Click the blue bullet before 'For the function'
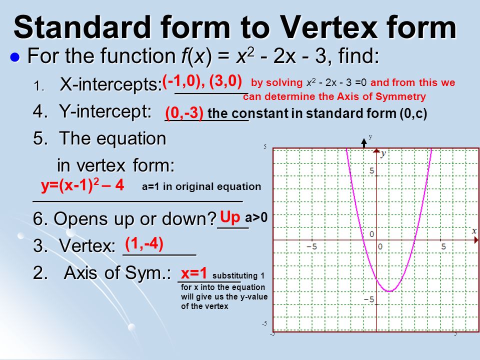point(15,57)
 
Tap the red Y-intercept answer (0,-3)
point(184,112)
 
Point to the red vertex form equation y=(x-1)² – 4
point(82,185)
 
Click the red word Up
point(230,217)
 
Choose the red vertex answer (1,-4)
point(144,244)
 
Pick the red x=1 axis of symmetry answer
point(194,272)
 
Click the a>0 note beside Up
point(256,217)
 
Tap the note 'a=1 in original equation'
point(201,186)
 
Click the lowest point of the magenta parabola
point(389,291)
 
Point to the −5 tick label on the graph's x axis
point(312,246)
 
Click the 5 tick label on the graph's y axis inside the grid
point(371,171)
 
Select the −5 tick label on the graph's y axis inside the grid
point(369,299)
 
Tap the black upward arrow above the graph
point(363,143)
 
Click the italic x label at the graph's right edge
point(474,231)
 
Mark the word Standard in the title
point(82,27)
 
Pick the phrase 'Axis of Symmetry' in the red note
point(381,96)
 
